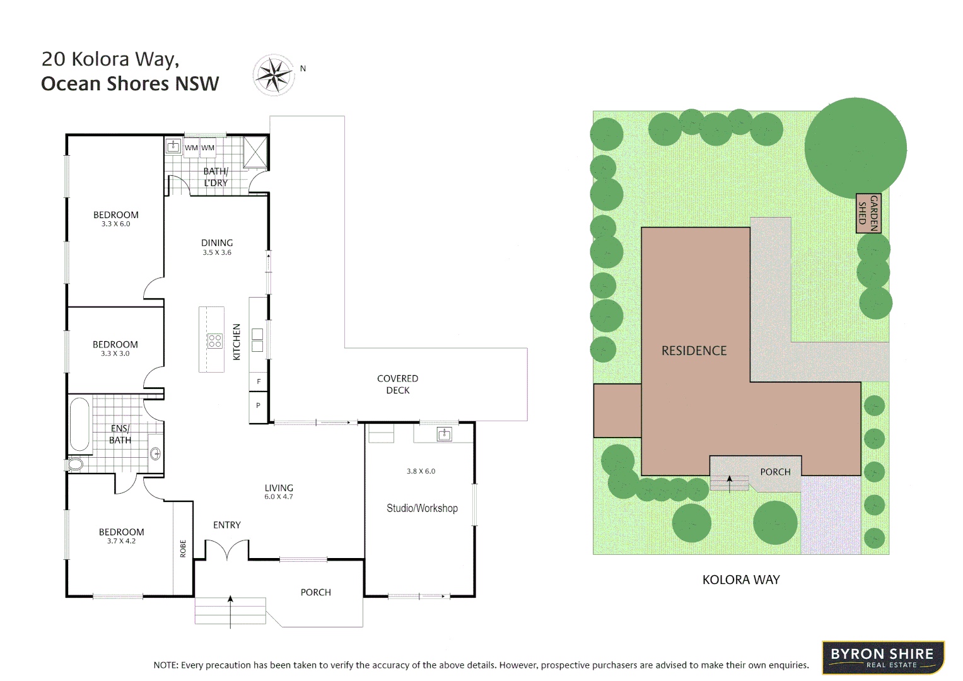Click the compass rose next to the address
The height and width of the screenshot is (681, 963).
tap(274, 75)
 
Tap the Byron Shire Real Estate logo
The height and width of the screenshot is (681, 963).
tap(882, 658)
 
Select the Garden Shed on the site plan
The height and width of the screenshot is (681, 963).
tap(868, 214)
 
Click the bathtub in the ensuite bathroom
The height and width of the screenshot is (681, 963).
tap(79, 424)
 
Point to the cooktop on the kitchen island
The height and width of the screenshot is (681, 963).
tap(214, 341)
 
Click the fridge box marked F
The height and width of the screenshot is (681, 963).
tap(259, 381)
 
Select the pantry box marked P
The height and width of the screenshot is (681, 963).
tap(259, 406)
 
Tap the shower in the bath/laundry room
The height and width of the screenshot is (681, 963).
tap(255, 152)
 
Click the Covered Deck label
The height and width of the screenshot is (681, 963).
tap(397, 384)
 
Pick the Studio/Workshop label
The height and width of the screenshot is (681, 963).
tap(422, 508)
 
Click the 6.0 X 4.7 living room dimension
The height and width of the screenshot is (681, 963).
tap(278, 497)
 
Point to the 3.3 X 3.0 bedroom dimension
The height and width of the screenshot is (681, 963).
tap(115, 354)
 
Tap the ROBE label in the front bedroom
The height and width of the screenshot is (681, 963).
tap(183, 548)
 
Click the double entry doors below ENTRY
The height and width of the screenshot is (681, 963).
tap(227, 550)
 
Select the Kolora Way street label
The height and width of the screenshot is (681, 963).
tap(741, 579)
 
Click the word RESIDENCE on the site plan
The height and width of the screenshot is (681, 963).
tap(694, 351)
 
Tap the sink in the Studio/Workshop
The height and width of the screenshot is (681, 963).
tap(444, 434)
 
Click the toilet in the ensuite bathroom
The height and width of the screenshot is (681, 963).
tap(74, 465)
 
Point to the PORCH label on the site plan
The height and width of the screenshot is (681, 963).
tap(774, 472)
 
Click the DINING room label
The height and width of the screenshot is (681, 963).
tap(217, 243)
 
